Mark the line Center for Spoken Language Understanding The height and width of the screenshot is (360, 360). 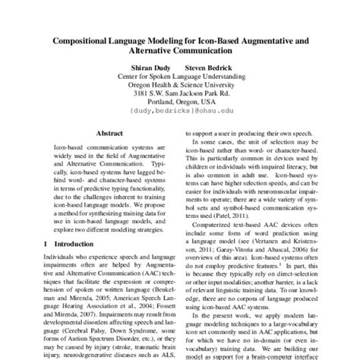pyautogui.click(x=179, y=77)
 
